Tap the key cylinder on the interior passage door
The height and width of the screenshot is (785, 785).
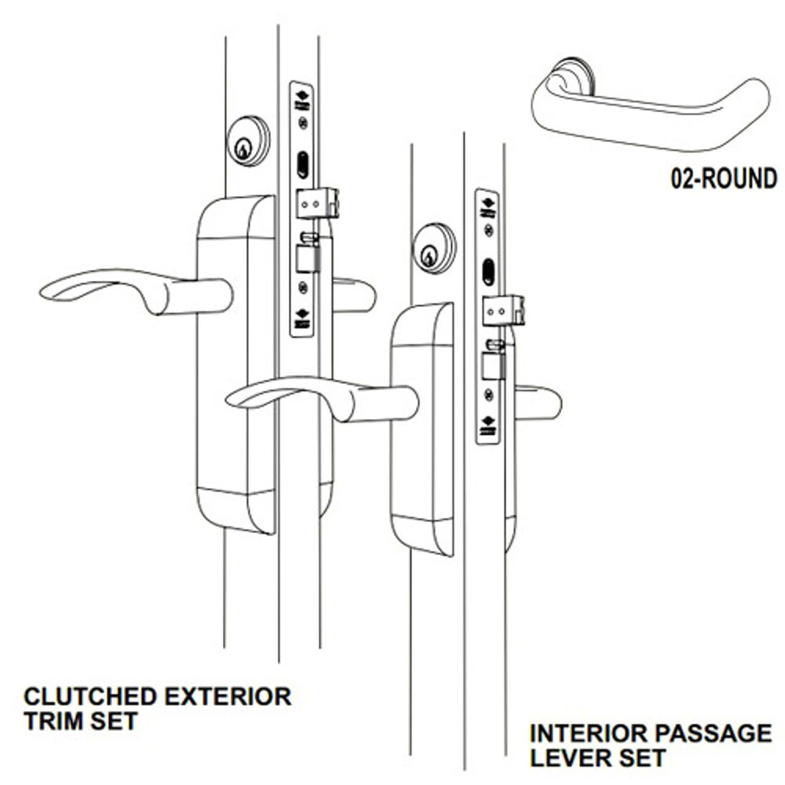pyautogui.click(x=434, y=248)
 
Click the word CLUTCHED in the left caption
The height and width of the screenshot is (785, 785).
pyautogui.click(x=90, y=697)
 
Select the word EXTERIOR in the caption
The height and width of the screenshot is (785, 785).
pyautogui.click(x=228, y=697)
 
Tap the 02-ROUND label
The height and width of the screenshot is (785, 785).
pyautogui.click(x=723, y=178)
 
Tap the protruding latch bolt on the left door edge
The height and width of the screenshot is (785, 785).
pyautogui.click(x=318, y=203)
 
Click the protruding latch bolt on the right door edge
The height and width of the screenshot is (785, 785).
pyautogui.click(x=504, y=311)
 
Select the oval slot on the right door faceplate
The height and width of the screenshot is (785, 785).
pyautogui.click(x=488, y=272)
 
